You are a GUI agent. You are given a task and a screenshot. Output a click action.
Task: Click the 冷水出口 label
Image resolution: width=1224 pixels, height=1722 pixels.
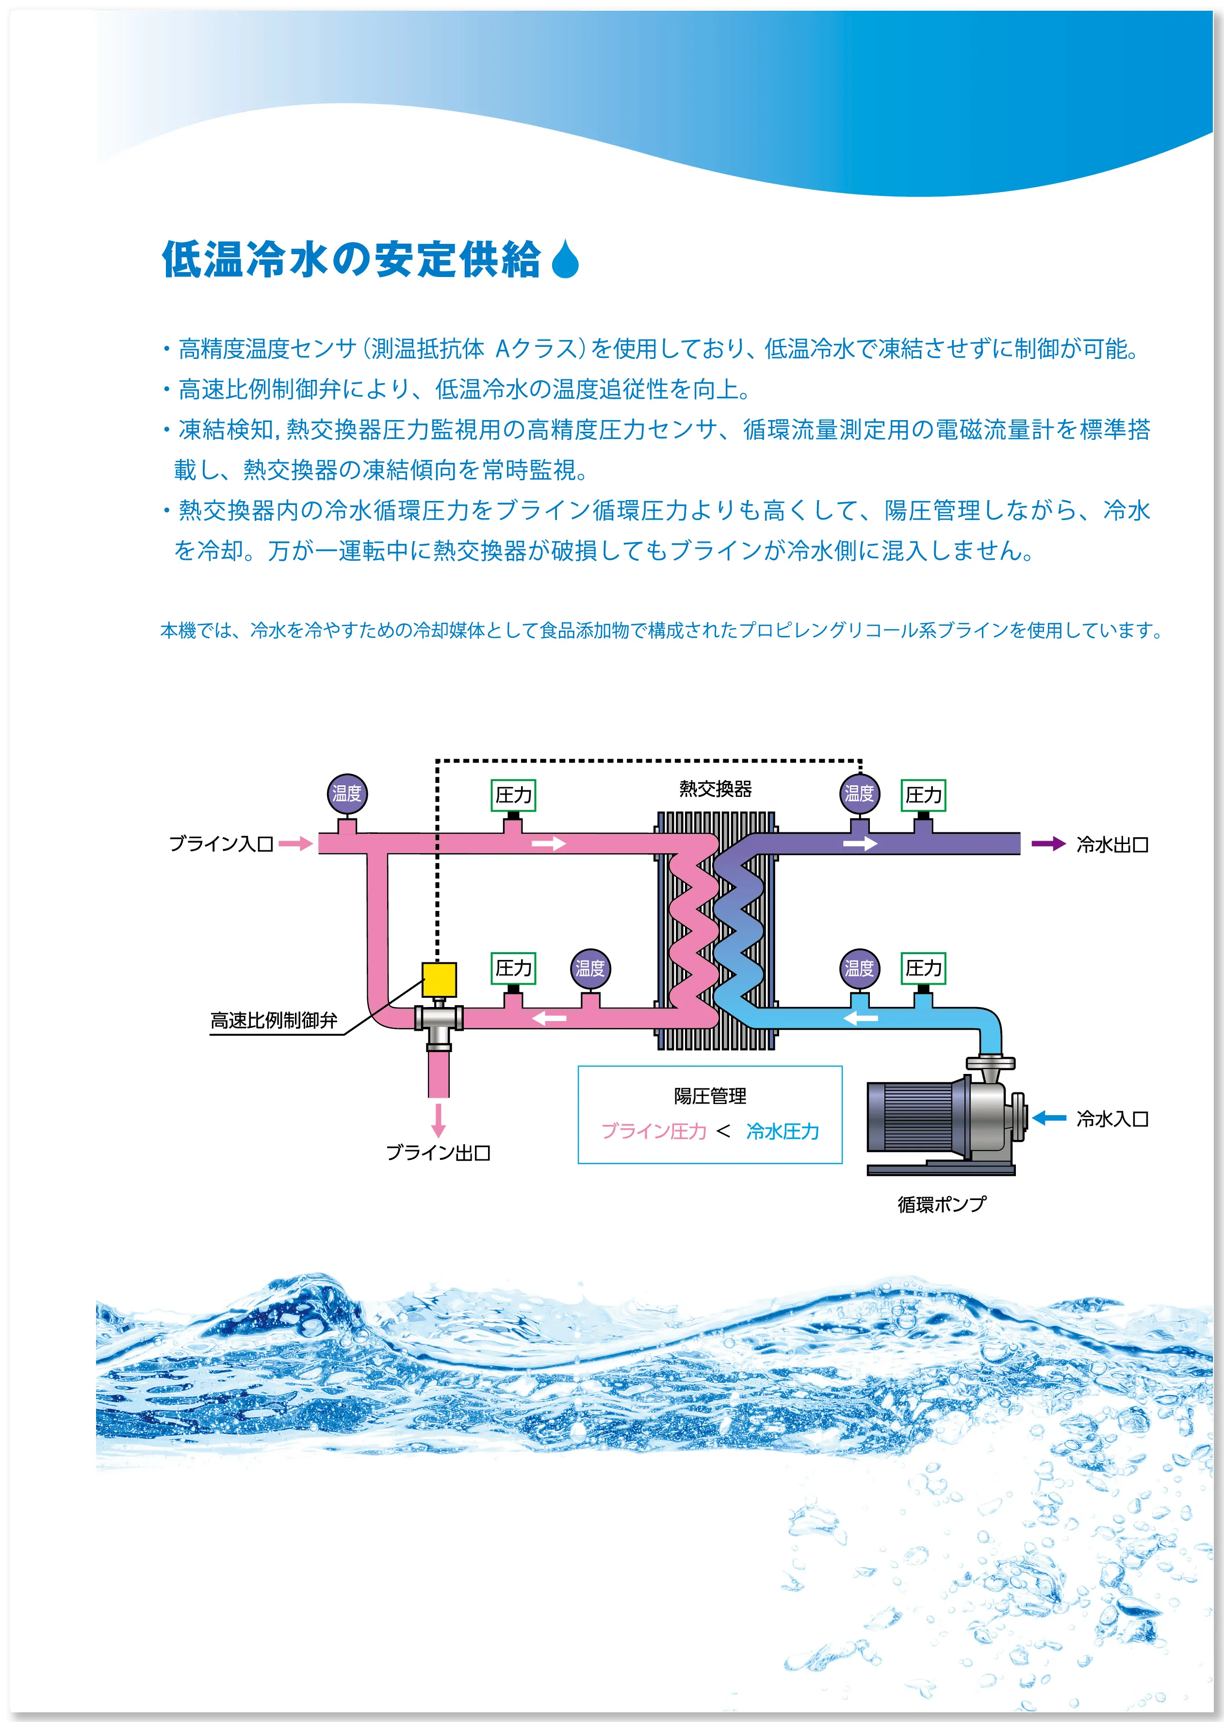pyautogui.click(x=1112, y=845)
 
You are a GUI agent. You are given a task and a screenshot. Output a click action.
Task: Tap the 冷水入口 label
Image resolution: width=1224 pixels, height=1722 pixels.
pyautogui.click(x=1112, y=1119)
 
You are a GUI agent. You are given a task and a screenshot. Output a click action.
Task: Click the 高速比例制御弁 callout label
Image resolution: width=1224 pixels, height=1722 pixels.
pyautogui.click(x=274, y=1021)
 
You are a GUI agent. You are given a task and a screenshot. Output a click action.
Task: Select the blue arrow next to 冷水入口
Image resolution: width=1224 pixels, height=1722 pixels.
pyautogui.click(x=1048, y=1119)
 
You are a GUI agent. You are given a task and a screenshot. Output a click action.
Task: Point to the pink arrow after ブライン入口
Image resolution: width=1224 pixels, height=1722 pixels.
pyautogui.click(x=295, y=843)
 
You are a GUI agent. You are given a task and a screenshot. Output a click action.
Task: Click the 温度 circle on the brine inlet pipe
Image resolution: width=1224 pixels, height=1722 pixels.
pyautogui.click(x=347, y=794)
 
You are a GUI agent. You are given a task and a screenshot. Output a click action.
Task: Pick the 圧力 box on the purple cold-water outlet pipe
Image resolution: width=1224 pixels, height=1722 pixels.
pyautogui.click(x=923, y=795)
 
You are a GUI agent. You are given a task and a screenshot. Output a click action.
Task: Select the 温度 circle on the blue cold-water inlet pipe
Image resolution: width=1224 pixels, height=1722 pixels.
pyautogui.click(x=859, y=968)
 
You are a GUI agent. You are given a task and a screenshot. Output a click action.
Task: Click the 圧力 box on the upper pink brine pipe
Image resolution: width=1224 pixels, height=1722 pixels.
pyautogui.click(x=513, y=795)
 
